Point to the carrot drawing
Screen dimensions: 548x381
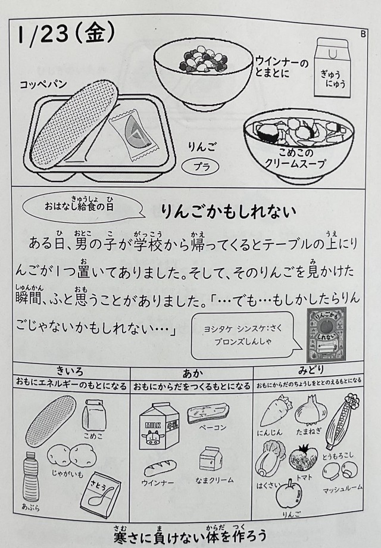coord(275,412)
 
